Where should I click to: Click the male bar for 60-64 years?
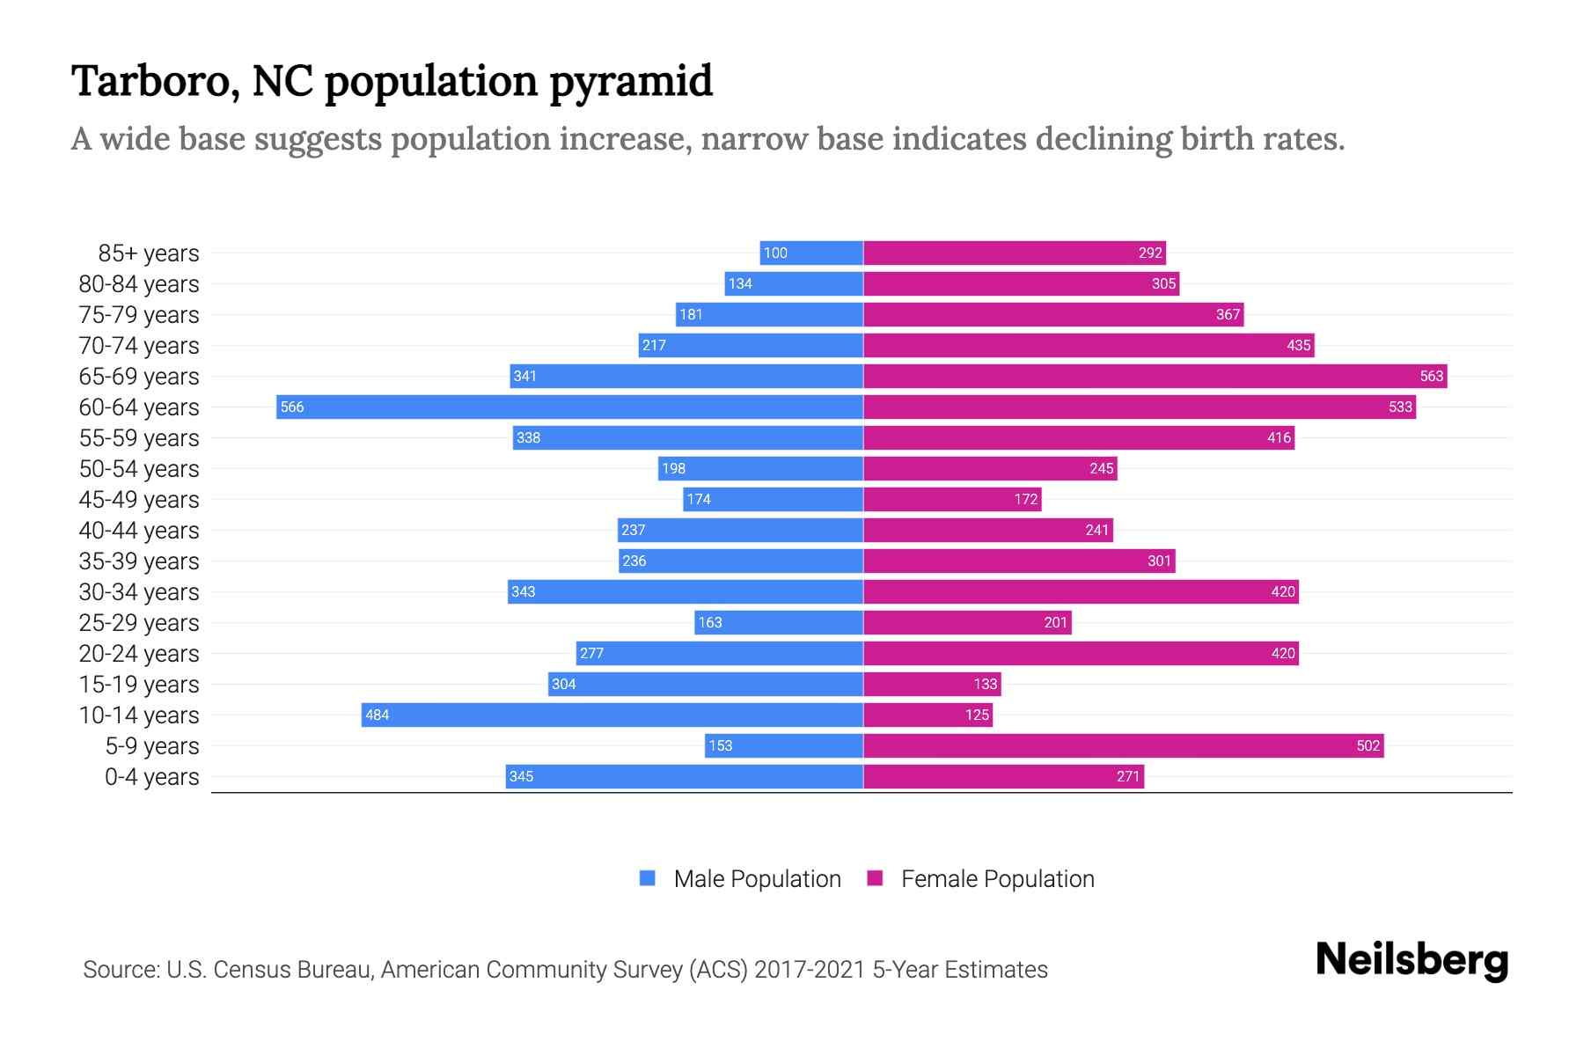click(x=569, y=407)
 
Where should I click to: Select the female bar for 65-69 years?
click(x=1155, y=376)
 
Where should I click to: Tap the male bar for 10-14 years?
click(x=612, y=715)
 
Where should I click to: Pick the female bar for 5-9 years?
click(x=1123, y=745)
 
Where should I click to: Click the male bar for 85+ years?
click(x=811, y=253)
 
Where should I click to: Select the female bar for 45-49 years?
click(x=952, y=499)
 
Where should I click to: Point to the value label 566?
click(x=292, y=407)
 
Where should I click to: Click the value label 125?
click(x=977, y=715)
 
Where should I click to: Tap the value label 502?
click(x=1368, y=745)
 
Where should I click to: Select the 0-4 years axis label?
click(x=151, y=777)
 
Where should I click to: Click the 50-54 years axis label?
click(x=139, y=469)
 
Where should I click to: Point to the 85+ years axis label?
click(x=149, y=253)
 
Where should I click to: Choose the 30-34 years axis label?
click(x=139, y=592)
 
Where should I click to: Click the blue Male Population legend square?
click(x=648, y=878)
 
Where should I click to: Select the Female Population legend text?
click(x=997, y=879)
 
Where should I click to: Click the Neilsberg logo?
click(x=1412, y=960)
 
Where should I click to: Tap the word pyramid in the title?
click(x=631, y=82)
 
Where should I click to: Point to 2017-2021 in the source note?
click(x=810, y=970)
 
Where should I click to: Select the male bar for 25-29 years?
click(x=779, y=622)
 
